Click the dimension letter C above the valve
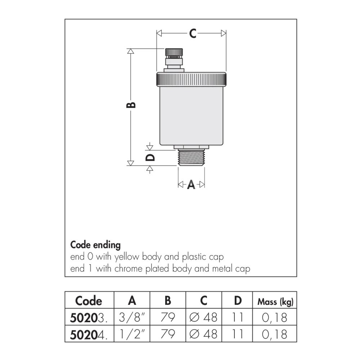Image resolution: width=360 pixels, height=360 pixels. point(193,33)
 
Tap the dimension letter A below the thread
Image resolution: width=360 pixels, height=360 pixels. point(191,185)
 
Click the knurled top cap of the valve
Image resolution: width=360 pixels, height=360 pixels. point(191,79)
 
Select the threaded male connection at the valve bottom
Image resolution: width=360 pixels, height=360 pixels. point(191,158)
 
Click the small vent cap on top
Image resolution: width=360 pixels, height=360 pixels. point(174,53)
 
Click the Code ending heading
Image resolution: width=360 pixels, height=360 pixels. point(95,245)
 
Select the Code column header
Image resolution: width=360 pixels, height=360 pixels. point(89,301)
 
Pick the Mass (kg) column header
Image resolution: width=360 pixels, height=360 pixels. point(275,302)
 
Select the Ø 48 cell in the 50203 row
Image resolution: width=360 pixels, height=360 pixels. point(203,318)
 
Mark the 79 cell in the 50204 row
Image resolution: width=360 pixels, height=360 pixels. point(167,334)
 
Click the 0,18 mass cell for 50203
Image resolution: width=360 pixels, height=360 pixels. point(275,318)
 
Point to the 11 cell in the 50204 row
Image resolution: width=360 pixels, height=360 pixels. point(238,334)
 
